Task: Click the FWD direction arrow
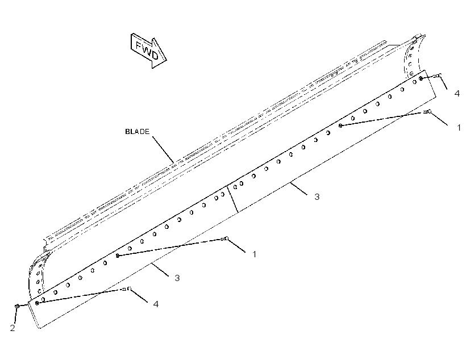(148, 51)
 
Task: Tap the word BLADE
(138, 132)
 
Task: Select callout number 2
(13, 328)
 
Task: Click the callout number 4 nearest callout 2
(156, 304)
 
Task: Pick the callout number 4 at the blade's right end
(457, 93)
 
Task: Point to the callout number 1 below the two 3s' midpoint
(254, 254)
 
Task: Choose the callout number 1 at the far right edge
(459, 127)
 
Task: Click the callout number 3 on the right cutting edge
(317, 196)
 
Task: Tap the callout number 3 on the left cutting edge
(177, 278)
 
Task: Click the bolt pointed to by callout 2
(17, 306)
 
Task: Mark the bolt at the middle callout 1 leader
(224, 238)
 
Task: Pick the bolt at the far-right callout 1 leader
(427, 112)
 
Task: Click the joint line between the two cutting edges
(232, 199)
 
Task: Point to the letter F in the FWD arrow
(139, 45)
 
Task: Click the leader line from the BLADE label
(164, 149)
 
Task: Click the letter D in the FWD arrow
(155, 55)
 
